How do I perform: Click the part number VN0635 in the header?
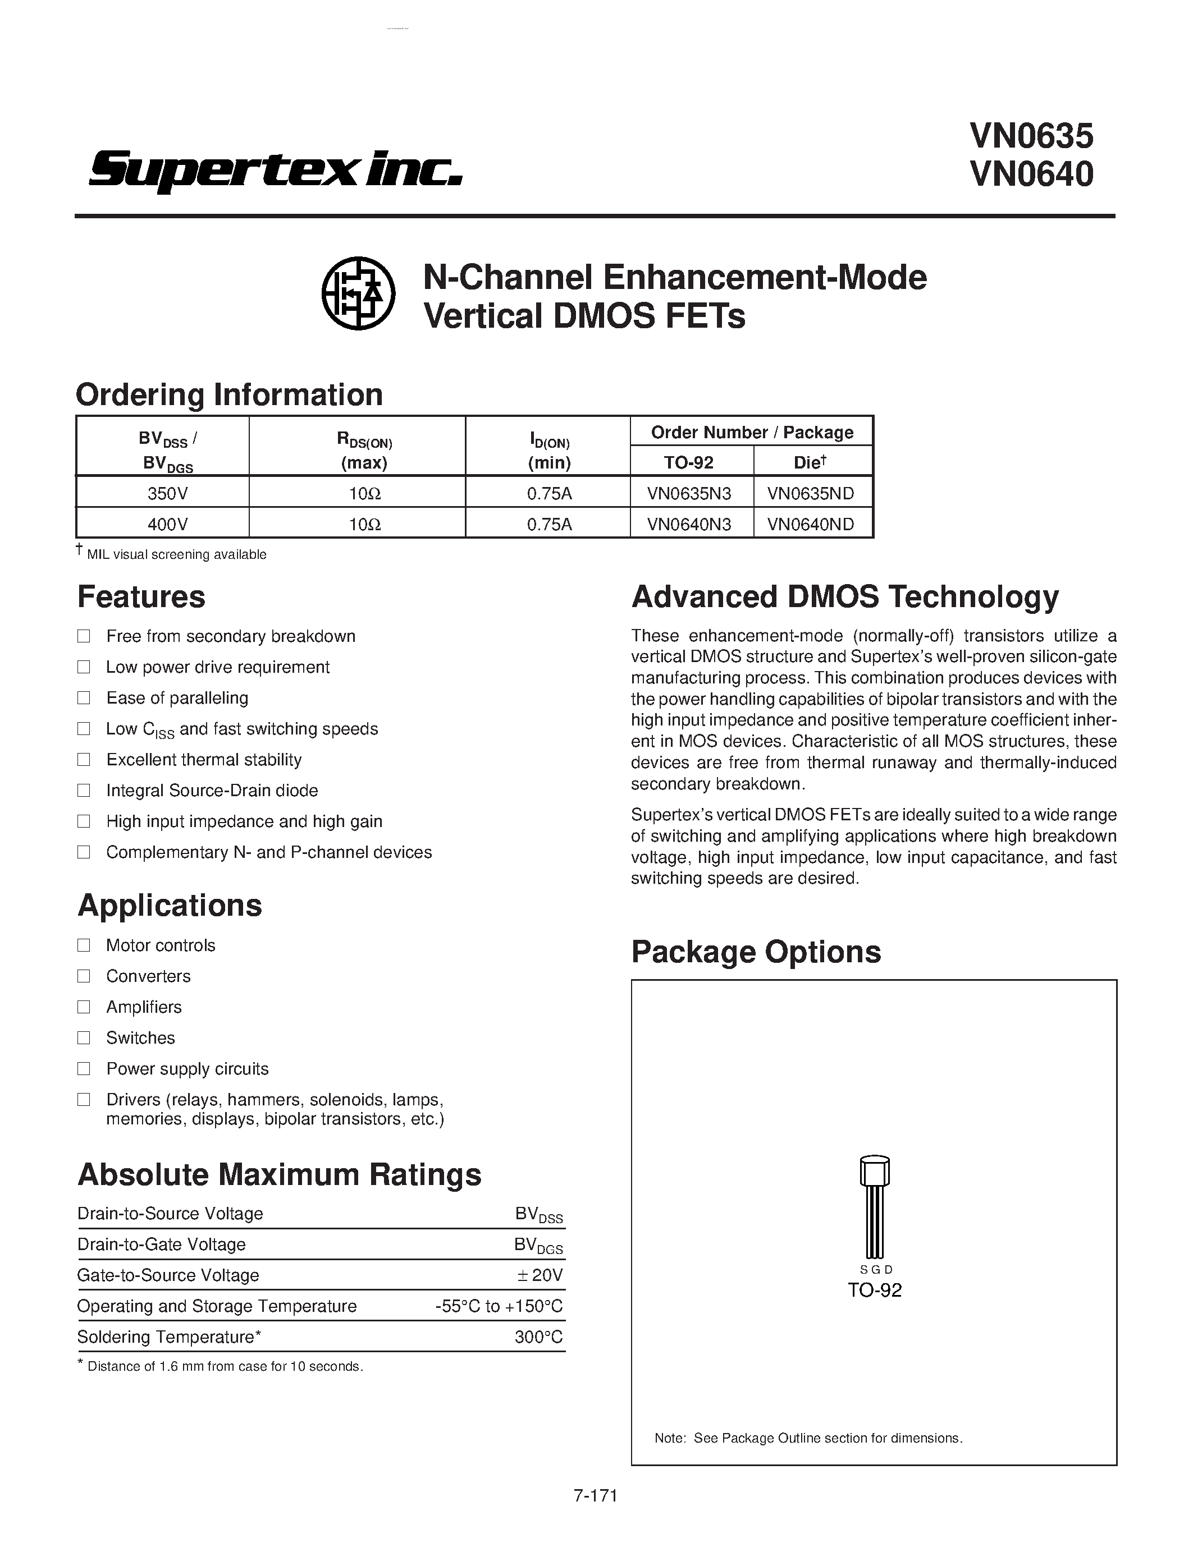pyautogui.click(x=1031, y=136)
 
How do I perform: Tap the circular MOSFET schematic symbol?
pyautogui.click(x=358, y=292)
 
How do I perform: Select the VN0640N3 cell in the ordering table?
pyautogui.click(x=689, y=524)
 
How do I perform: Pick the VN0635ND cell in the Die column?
pyautogui.click(x=811, y=493)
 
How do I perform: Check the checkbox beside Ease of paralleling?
pyautogui.click(x=84, y=698)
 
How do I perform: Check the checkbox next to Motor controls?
pyautogui.click(x=84, y=945)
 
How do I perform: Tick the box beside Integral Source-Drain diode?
pyautogui.click(x=84, y=791)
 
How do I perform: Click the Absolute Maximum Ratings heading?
pyautogui.click(x=279, y=1175)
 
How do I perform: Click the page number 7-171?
pyautogui.click(x=595, y=1496)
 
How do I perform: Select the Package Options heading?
pyautogui.click(x=756, y=952)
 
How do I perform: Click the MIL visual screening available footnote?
pyautogui.click(x=176, y=554)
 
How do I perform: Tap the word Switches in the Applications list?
pyautogui.click(x=141, y=1038)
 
